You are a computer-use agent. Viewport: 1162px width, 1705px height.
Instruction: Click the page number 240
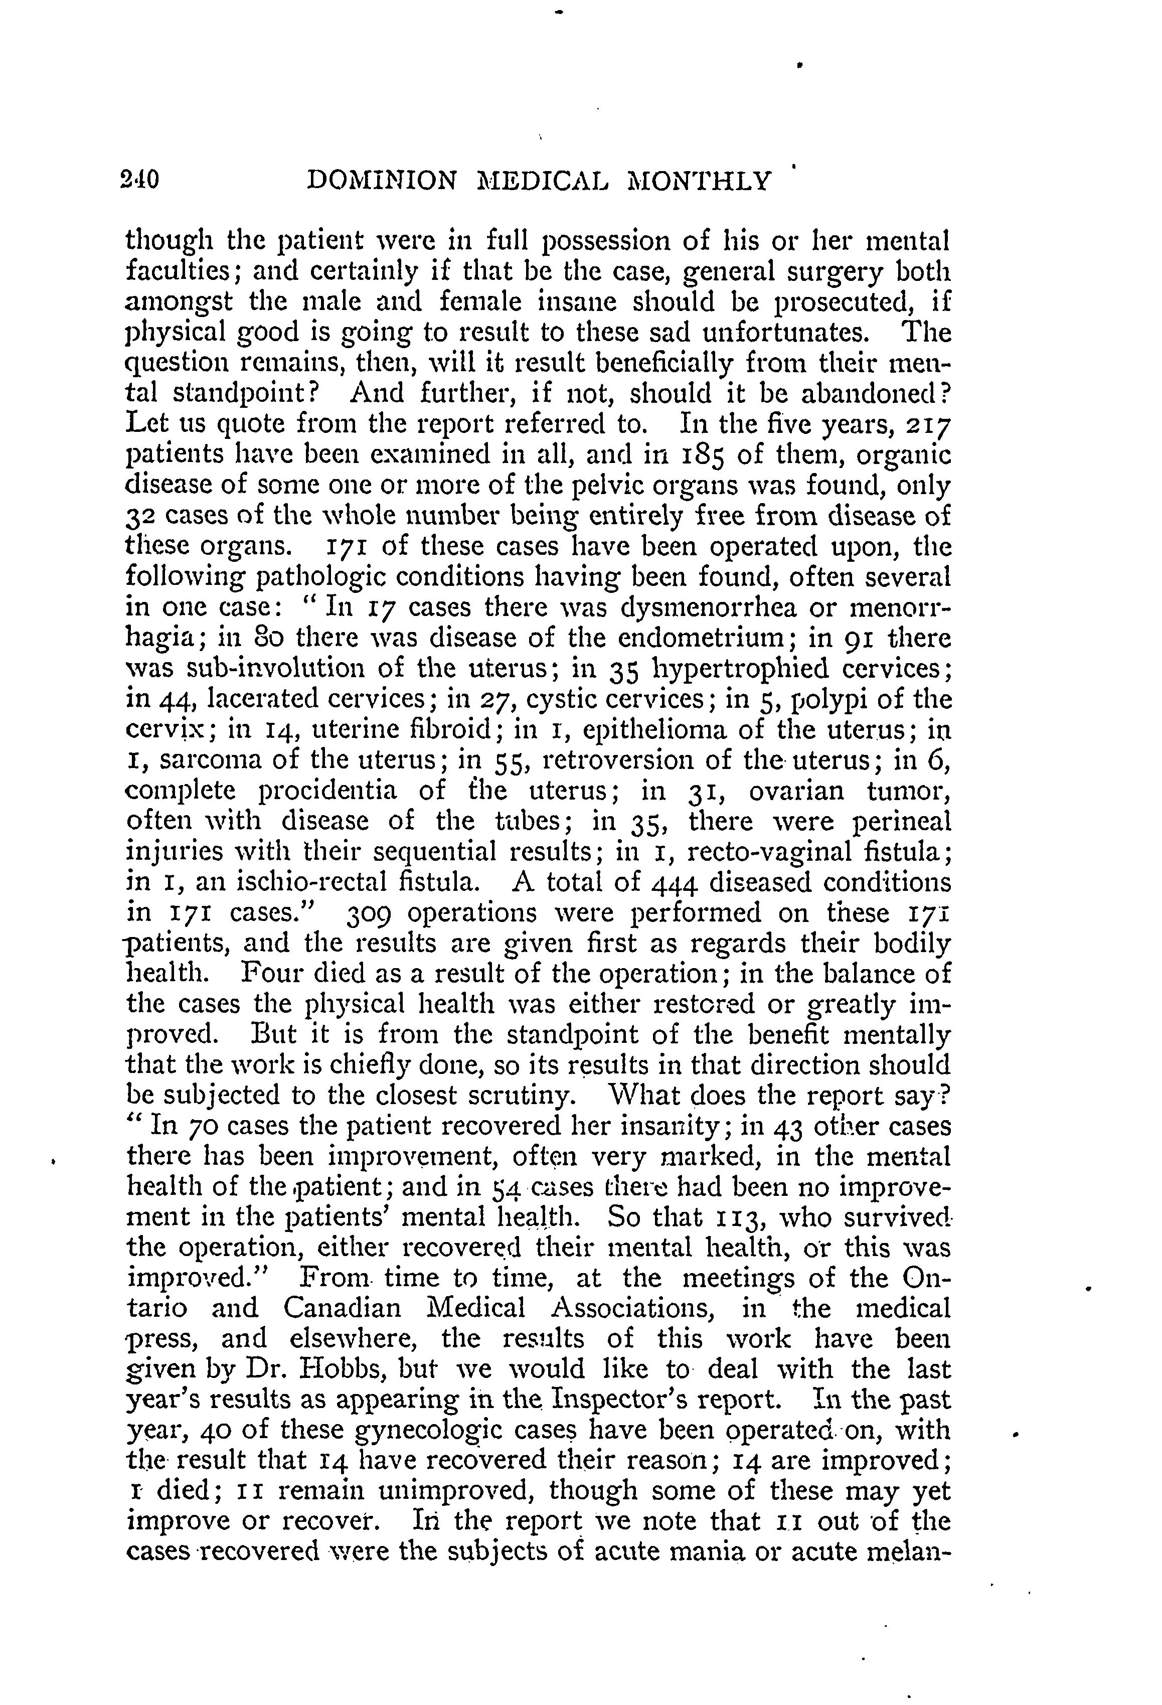click(142, 180)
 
